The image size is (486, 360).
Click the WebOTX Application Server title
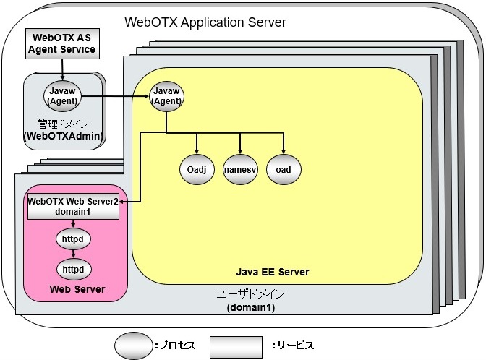click(x=205, y=22)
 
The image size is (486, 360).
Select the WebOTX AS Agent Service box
click(x=61, y=43)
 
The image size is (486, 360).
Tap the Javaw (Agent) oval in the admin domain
click(x=61, y=95)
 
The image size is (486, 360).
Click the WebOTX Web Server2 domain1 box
click(x=72, y=207)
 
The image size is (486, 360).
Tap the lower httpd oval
click(x=73, y=269)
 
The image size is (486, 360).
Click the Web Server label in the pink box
click(x=77, y=290)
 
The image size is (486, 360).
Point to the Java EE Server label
click(x=273, y=272)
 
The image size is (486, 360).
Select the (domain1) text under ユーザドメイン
click(x=252, y=307)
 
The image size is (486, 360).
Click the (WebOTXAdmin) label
click(x=62, y=135)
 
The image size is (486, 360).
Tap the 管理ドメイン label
click(x=61, y=123)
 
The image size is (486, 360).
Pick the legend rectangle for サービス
click(x=236, y=344)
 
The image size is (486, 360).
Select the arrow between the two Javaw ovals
click(x=116, y=95)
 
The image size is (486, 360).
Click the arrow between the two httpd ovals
click(x=73, y=253)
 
